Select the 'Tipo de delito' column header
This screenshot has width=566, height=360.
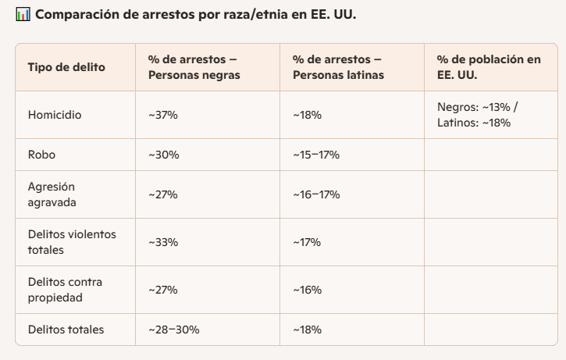66,67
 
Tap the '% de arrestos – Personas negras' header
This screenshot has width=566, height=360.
194,67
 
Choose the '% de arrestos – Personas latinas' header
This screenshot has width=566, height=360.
338,67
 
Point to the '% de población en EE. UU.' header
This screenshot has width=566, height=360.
489,67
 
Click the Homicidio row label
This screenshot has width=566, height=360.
55,115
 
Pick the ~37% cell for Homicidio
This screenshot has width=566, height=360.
163,115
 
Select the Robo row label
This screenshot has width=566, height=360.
41,155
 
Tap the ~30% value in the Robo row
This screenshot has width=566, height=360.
164,155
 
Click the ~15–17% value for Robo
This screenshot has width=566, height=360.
316,155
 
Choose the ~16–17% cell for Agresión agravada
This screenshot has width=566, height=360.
316,194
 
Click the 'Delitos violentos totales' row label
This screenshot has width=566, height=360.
72,242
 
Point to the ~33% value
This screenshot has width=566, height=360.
163,242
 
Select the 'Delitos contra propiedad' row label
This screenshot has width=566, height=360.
65,290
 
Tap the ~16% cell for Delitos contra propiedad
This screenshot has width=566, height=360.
308,290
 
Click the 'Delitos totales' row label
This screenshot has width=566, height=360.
66,330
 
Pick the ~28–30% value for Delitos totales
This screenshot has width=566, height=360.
174,330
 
